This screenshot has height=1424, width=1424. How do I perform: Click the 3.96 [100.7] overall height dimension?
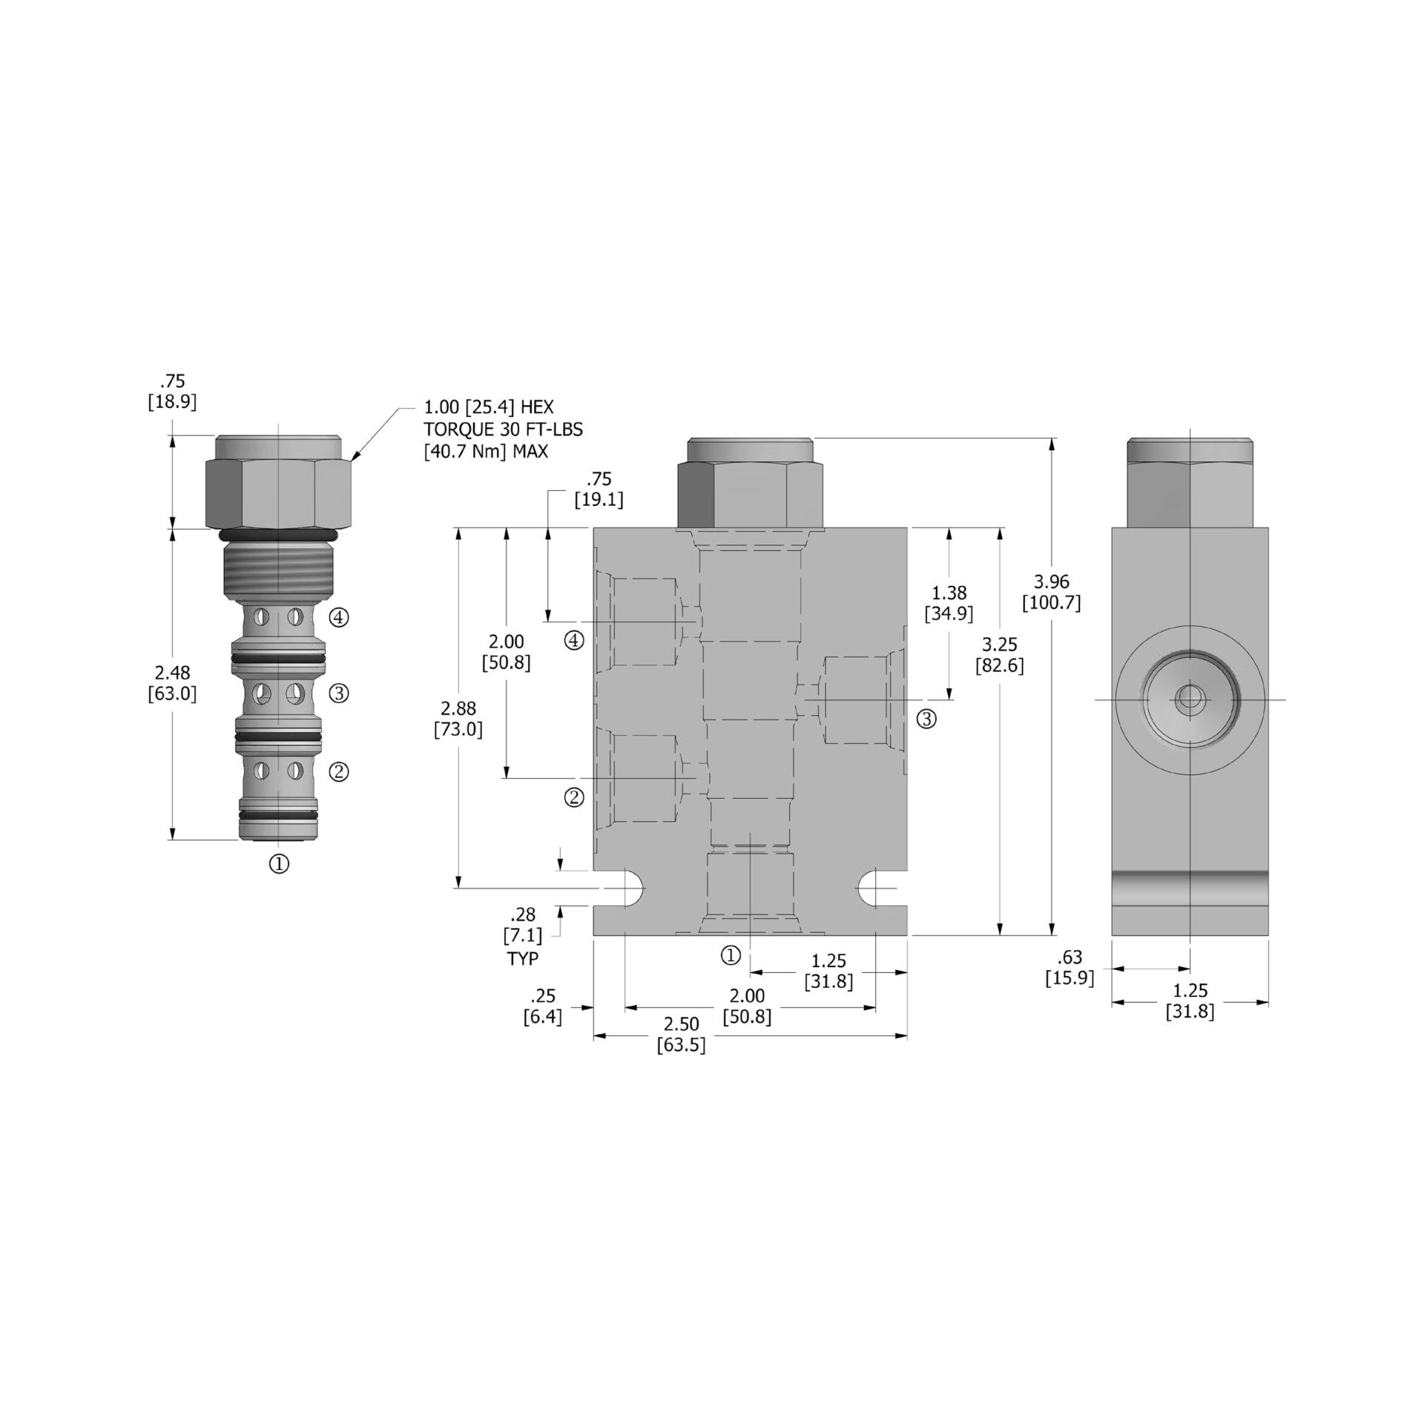click(x=1051, y=592)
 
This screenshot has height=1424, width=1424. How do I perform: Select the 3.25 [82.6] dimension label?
click(x=999, y=655)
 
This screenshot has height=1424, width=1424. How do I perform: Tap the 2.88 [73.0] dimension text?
click(x=458, y=719)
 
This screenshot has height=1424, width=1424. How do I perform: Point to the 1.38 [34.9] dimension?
click(x=949, y=603)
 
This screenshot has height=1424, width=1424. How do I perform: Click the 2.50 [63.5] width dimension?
click(x=681, y=1034)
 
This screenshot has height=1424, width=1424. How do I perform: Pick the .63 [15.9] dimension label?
click(x=1069, y=967)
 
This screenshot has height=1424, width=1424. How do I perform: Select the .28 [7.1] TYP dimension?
click(x=523, y=935)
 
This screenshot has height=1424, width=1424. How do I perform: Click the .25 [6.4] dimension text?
click(x=542, y=1006)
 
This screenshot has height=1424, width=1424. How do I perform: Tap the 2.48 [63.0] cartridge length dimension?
click(x=172, y=683)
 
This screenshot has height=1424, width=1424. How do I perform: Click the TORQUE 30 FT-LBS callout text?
click(x=503, y=429)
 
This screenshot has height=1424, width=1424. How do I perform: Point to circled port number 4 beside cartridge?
click(x=339, y=617)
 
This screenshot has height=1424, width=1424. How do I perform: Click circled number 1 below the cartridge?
click(x=279, y=863)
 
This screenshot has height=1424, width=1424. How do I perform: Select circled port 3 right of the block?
click(x=926, y=719)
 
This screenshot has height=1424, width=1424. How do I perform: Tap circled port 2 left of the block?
click(x=574, y=798)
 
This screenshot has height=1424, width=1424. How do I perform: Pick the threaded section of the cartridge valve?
click(x=280, y=572)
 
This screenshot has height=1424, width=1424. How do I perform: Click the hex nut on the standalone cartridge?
click(x=278, y=492)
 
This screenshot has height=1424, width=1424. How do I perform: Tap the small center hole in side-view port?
click(x=1190, y=699)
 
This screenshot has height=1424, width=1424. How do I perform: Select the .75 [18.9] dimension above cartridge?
click(x=172, y=392)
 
